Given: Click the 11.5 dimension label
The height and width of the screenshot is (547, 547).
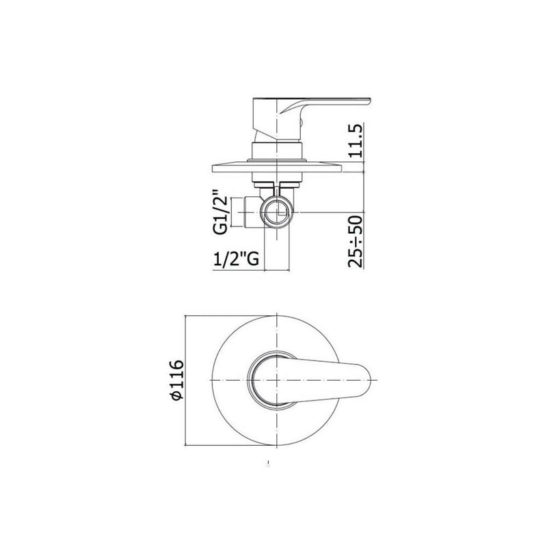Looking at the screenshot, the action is tap(356, 141).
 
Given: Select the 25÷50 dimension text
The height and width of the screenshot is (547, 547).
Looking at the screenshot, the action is tap(356, 241).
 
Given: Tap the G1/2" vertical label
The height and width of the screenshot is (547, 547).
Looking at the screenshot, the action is tap(220, 212).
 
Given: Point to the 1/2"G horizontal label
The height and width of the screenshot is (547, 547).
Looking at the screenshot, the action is tap(236, 259).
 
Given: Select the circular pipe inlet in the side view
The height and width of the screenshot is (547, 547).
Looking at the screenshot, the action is tap(277, 213).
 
